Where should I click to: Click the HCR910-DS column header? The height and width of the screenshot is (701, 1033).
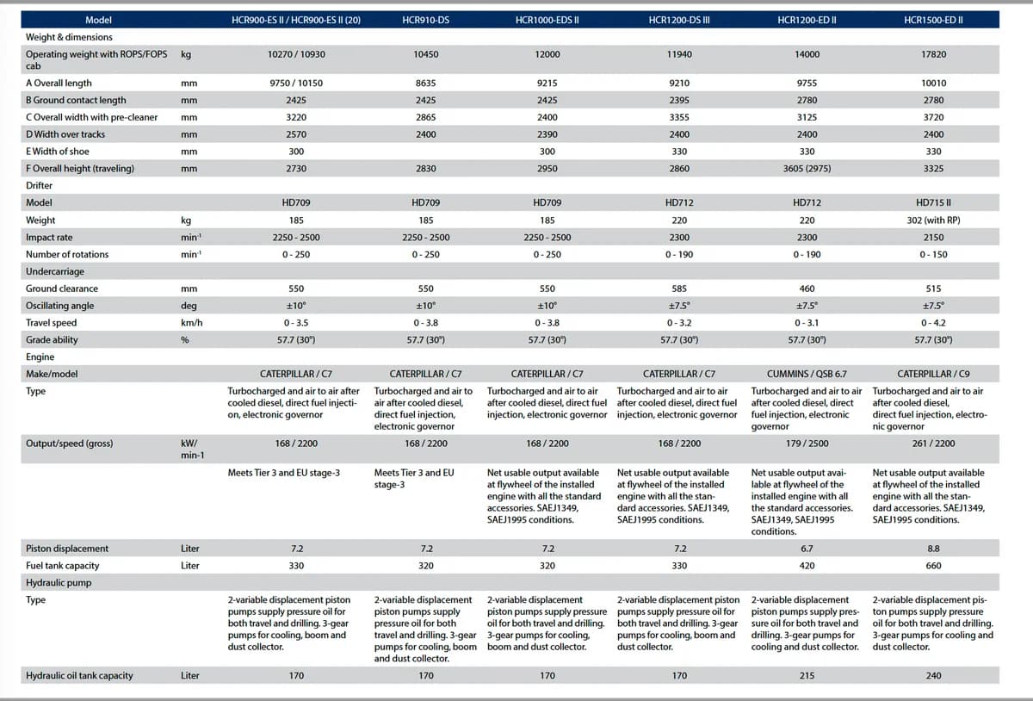pyautogui.click(x=425, y=20)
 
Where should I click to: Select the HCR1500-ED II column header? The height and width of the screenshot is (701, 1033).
pyautogui.click(x=933, y=20)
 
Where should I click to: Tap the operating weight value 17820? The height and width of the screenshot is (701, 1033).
pyautogui.click(x=933, y=54)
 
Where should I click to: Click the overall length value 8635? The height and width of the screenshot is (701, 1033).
pyautogui.click(x=425, y=83)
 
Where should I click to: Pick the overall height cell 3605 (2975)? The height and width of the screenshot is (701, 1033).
pyautogui.click(x=807, y=169)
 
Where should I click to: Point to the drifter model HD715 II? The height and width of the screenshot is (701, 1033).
pyautogui.click(x=933, y=202)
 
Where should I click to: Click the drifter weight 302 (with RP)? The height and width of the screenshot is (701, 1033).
pyautogui.click(x=933, y=220)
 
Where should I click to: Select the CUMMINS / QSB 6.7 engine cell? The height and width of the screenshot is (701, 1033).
pyautogui.click(x=807, y=374)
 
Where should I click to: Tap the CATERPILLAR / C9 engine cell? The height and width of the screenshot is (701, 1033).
pyautogui.click(x=933, y=374)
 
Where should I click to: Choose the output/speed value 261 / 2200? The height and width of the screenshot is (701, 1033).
pyautogui.click(x=933, y=444)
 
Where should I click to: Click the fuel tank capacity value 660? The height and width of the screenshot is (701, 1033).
pyautogui.click(x=933, y=566)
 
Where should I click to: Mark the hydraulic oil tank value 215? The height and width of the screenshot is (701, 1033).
pyautogui.click(x=807, y=676)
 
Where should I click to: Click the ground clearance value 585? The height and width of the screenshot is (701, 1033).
pyautogui.click(x=679, y=288)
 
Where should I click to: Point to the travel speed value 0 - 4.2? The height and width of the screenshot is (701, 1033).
pyautogui.click(x=933, y=323)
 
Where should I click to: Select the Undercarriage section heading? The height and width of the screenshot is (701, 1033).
pyautogui.click(x=55, y=271)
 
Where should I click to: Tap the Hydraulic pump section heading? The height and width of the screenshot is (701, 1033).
pyautogui.click(x=59, y=583)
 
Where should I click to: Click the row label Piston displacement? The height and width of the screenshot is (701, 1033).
pyautogui.click(x=67, y=549)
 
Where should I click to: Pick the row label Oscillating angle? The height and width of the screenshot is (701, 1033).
pyautogui.click(x=59, y=306)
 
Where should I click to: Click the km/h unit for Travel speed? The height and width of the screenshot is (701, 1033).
pyautogui.click(x=191, y=323)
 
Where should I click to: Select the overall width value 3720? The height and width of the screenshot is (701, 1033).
pyautogui.click(x=933, y=117)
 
